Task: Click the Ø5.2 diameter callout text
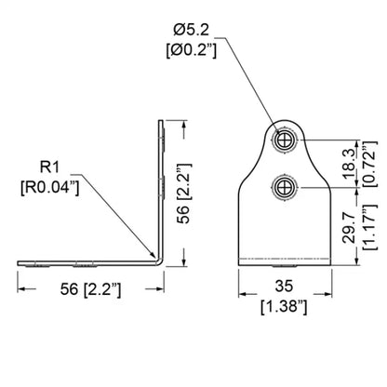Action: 192,30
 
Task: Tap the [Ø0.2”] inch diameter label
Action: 192,49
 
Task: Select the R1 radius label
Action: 49,167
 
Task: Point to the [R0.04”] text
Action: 50,187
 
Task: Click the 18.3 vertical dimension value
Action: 350,164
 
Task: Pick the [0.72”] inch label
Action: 370,164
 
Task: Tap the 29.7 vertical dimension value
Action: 350,227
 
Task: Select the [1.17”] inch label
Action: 370,227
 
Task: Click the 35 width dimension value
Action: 284,286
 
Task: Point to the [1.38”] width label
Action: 284,306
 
